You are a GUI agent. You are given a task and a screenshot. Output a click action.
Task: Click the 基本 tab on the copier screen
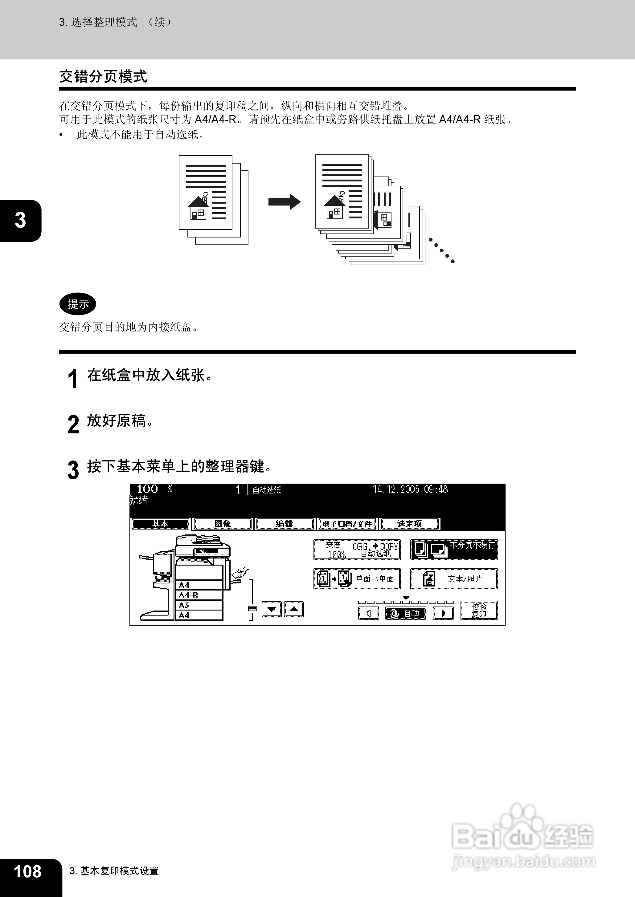(x=160, y=524)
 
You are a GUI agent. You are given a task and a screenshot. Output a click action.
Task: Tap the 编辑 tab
(x=285, y=524)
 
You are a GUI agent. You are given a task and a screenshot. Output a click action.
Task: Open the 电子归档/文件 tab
(x=347, y=524)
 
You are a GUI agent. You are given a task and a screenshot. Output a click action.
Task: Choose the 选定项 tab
(x=409, y=524)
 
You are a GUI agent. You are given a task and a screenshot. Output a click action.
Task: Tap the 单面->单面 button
(x=357, y=578)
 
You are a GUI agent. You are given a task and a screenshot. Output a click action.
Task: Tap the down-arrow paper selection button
(x=271, y=609)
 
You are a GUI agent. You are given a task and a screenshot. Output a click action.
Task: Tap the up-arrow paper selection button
(x=294, y=609)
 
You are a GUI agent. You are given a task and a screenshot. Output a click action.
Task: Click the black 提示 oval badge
(x=78, y=304)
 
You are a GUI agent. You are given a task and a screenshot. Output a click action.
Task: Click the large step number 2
(x=73, y=424)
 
